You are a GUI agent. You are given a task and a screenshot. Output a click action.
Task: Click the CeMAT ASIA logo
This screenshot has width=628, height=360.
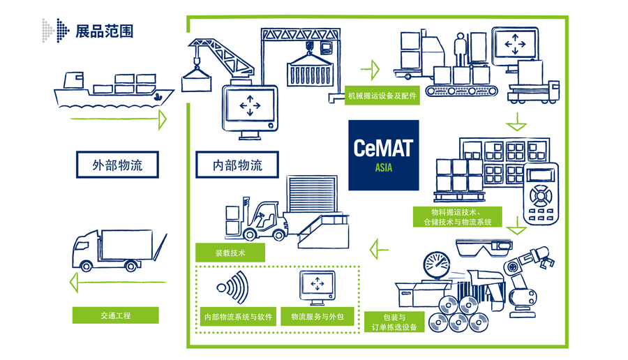384,155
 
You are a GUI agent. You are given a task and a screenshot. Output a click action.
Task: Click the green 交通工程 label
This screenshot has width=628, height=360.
115,315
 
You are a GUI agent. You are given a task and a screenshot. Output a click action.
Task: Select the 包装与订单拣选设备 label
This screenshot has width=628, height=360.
395,322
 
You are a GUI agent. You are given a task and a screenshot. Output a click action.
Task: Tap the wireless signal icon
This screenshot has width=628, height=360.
230,287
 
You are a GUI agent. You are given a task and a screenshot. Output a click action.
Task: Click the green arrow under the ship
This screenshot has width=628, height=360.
119,121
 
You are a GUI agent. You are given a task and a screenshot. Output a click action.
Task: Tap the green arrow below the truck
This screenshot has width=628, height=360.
119,283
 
